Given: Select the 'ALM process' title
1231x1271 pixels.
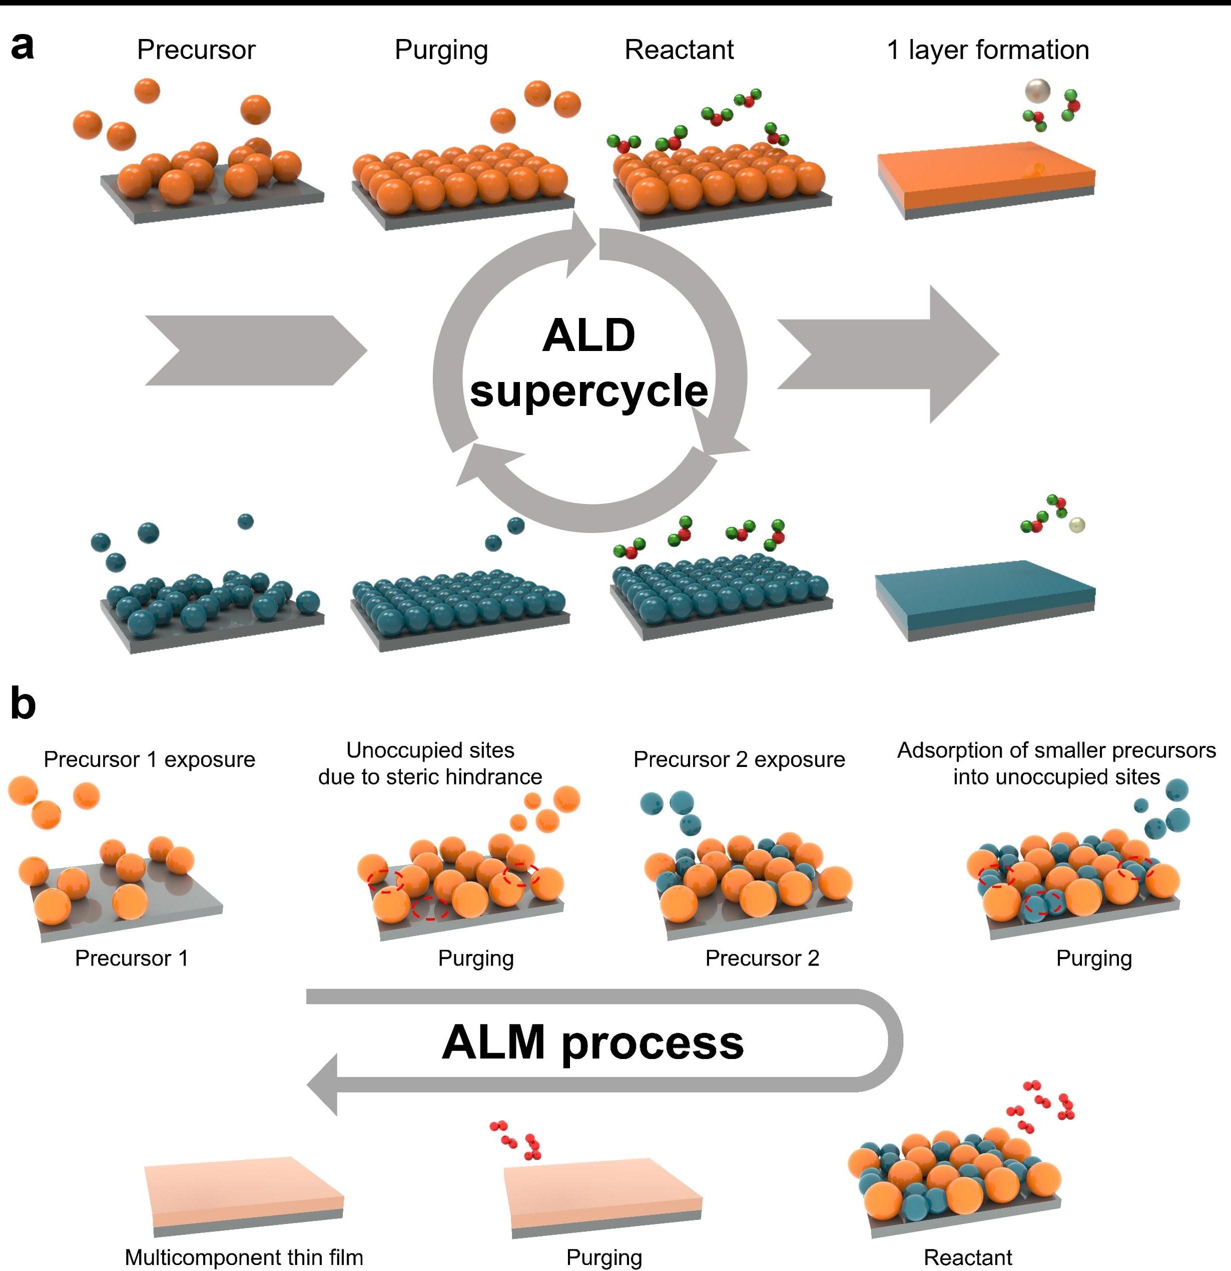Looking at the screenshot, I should click(592, 1042).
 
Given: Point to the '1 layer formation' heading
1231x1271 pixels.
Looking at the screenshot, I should click(988, 50).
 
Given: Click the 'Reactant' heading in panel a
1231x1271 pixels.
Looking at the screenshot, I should click(679, 50).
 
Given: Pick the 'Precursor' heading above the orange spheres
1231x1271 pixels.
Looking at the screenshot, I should click(196, 50).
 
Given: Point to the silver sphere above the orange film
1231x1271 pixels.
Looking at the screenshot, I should click(1037, 91).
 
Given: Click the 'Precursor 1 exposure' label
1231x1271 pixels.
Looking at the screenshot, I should click(149, 759).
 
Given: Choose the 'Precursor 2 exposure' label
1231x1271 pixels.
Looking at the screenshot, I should click(739, 759).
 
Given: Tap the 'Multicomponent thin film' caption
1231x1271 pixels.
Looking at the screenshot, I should click(244, 1256).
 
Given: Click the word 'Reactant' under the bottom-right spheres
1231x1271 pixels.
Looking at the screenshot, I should click(968, 1256).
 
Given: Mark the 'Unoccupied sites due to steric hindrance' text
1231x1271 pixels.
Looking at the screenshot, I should click(430, 763).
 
